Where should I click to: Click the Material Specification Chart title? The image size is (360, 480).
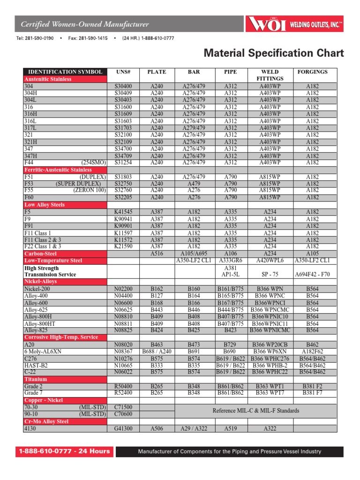click(274, 53)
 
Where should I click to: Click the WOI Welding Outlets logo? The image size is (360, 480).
click(295, 24)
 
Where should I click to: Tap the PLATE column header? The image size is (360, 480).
click(157, 72)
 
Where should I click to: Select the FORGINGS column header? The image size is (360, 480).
click(313, 72)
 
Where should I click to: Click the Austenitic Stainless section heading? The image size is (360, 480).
click(48, 79)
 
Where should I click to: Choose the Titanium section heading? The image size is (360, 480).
click(36, 379)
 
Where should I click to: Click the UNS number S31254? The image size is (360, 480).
click(123, 163)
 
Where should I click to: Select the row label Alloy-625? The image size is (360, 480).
click(36, 309)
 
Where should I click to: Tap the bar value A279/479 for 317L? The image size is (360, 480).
click(194, 128)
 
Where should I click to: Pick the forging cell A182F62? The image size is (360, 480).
click(313, 351)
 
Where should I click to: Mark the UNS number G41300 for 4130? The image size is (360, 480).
click(123, 428)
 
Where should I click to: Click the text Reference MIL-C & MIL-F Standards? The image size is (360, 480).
click(255, 411)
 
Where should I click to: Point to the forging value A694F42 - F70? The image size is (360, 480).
click(313, 274)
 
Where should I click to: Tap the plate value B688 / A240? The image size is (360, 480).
click(157, 351)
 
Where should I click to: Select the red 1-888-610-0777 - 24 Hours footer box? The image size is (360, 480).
click(64, 451)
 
